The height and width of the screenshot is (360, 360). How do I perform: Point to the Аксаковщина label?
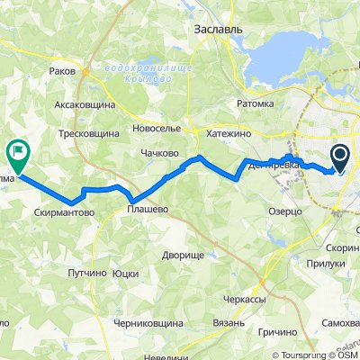click(87, 104)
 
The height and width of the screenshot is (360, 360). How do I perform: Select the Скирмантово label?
click(65, 214)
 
